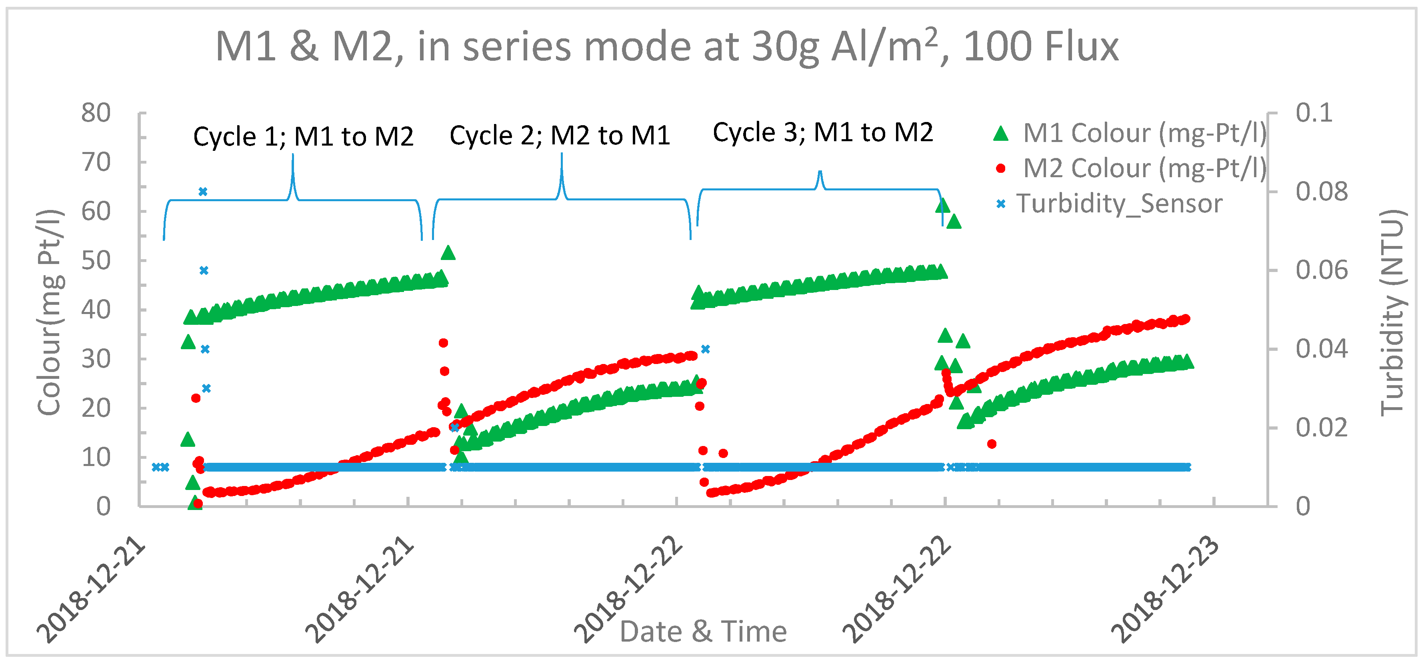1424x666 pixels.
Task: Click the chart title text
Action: pos(666,47)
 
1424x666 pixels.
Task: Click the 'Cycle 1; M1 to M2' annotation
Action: pos(303,136)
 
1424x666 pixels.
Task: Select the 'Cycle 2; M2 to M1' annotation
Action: pos(560,136)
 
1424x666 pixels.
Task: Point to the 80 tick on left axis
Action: pos(96,113)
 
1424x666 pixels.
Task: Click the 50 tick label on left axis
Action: pos(96,261)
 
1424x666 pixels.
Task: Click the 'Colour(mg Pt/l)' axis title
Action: pos(50,313)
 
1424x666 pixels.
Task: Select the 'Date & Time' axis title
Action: pos(703,631)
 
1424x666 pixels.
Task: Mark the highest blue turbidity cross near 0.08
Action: pos(203,192)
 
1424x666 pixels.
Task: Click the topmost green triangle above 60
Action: pos(942,206)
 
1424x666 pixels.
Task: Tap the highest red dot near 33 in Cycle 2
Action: pos(443,343)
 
